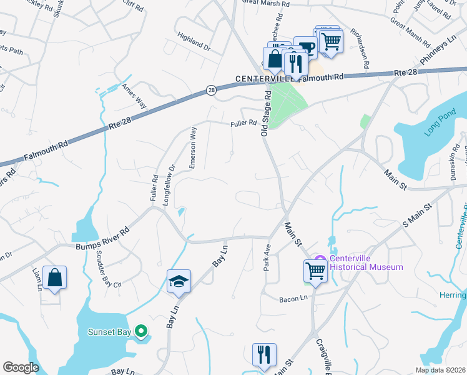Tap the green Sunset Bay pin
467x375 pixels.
point(142,331)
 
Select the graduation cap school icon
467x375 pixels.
point(179,281)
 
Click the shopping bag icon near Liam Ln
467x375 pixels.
point(55,277)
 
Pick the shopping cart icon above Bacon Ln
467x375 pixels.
point(316,271)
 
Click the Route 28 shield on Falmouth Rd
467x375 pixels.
point(212,91)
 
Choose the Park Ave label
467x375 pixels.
point(267,256)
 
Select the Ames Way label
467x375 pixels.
point(134,96)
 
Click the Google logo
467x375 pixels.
point(20,367)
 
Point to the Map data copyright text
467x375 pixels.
point(440,370)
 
